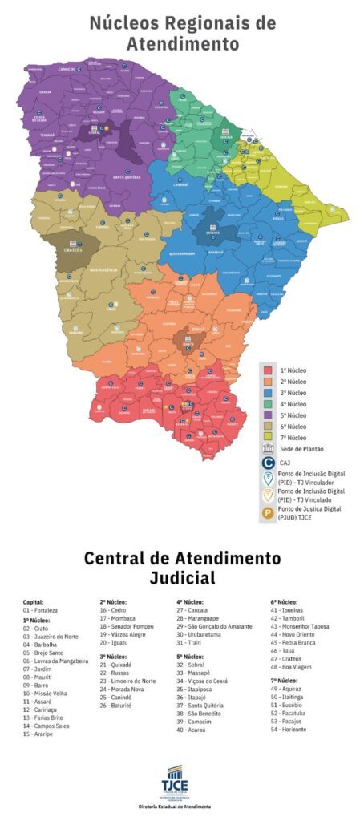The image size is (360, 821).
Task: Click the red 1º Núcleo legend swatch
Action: (268, 370)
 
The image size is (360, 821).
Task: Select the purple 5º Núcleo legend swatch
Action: (268, 415)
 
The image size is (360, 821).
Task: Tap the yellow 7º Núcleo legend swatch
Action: (268, 438)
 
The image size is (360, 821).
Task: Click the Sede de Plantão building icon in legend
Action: (268, 449)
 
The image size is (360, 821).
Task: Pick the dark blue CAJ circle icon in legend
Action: (268, 463)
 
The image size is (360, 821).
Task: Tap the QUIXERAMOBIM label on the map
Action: (185, 253)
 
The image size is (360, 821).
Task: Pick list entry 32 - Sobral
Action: (194, 665)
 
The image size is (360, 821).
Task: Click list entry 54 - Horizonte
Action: (290, 730)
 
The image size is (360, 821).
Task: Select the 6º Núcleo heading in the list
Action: (284, 601)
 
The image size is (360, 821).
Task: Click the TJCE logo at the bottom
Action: (180, 779)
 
